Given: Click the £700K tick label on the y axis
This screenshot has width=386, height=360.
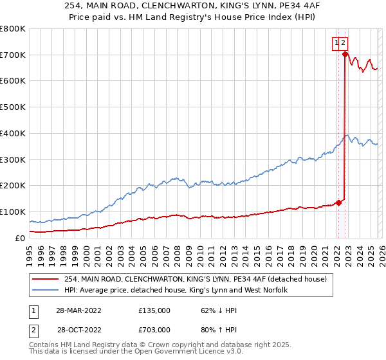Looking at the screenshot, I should click(x=13, y=55).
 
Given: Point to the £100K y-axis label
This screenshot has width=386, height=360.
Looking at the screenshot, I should click(x=13, y=212).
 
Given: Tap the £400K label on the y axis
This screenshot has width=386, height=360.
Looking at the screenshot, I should click(x=13, y=134).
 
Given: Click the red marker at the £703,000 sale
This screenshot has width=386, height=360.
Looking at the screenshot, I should click(x=345, y=55).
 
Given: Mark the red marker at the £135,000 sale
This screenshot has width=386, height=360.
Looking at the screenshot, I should click(x=338, y=203).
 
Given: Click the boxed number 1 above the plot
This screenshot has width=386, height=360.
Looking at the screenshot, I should click(x=336, y=43).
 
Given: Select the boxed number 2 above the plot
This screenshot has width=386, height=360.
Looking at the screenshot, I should click(x=344, y=43).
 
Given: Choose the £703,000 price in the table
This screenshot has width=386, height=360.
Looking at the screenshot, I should click(x=154, y=329).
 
